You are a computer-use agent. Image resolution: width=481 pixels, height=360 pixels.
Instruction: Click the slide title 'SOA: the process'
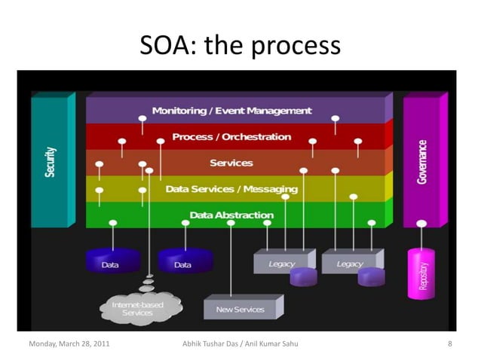pos(240,47)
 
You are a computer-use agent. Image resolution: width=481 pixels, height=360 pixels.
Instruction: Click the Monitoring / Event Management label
pos(231,111)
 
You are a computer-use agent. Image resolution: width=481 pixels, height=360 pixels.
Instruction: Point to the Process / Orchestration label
pos(231,137)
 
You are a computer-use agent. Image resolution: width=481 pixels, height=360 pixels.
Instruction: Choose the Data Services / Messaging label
pos(231,189)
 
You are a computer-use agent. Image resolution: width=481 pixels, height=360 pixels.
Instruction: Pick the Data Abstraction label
pos(231,215)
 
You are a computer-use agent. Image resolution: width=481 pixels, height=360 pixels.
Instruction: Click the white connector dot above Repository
pos(421,224)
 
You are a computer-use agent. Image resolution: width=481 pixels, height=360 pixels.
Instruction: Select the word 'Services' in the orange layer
pos(231,163)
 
